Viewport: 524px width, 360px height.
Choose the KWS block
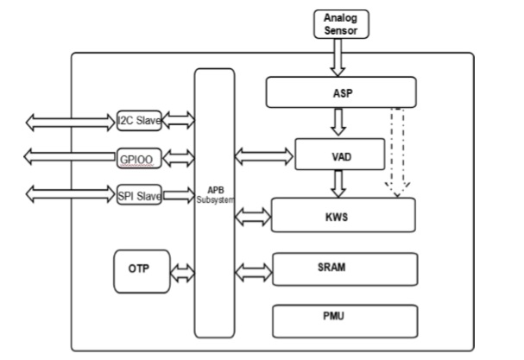click(343, 216)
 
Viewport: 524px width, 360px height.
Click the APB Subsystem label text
click(214, 194)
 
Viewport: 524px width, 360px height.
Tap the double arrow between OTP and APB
click(183, 274)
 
